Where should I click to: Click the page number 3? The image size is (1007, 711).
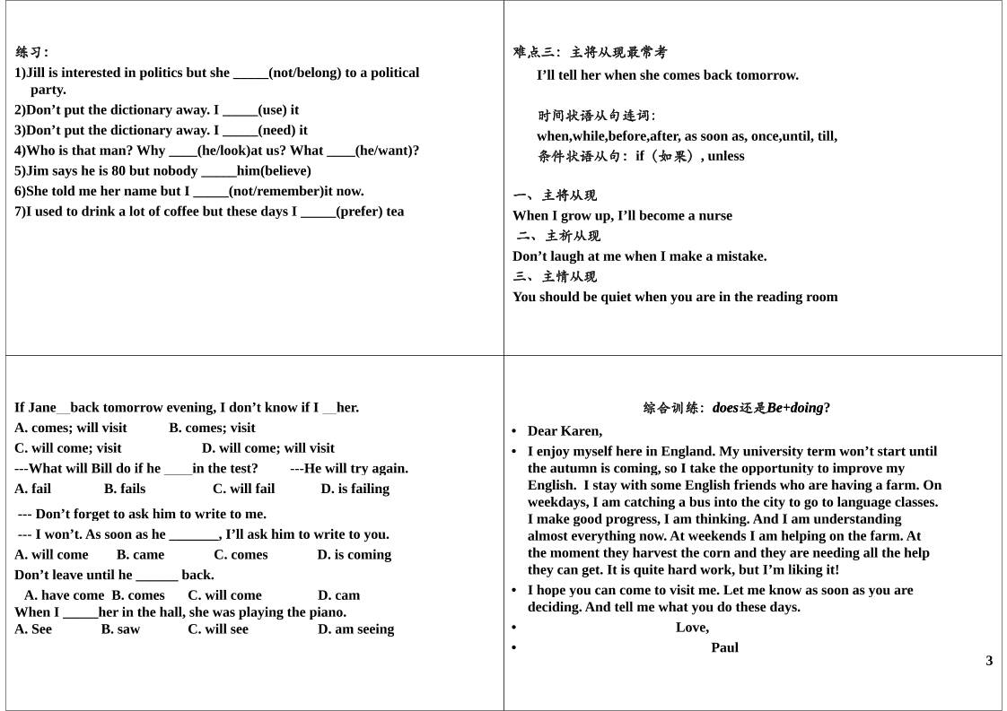989,661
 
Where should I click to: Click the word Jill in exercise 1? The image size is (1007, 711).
37,73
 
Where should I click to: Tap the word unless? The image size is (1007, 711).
726,156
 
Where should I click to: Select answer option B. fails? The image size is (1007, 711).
125,489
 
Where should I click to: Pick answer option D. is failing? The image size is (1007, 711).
355,489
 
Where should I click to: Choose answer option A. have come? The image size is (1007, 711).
64,595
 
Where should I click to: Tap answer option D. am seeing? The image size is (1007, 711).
355,629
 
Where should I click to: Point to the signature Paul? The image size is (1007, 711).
724,647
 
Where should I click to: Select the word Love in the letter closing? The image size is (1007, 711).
691,628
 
